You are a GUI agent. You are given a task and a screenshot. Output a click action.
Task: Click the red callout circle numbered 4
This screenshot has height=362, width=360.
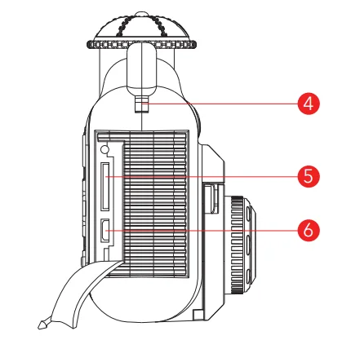coord(309,104)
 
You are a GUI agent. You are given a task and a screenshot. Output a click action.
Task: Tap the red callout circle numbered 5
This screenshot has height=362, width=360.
coord(309,176)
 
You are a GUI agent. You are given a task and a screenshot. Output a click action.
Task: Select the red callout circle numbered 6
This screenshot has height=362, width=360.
coord(309,230)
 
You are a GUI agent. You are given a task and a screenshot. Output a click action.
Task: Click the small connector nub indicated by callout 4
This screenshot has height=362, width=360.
coord(142,104)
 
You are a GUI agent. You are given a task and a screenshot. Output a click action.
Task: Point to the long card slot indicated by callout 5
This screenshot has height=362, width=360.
coord(105,187)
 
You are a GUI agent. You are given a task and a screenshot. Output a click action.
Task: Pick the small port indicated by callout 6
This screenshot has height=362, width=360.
coord(105,230)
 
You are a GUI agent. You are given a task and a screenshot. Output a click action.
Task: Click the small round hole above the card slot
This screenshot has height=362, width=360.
coord(104,148)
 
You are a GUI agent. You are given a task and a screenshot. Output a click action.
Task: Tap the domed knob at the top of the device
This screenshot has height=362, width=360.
coord(141,27)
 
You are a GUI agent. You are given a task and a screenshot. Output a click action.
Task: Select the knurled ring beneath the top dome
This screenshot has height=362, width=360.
coord(141,44)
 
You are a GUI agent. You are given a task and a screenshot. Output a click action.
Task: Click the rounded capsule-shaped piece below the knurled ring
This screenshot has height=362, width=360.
coord(142,68)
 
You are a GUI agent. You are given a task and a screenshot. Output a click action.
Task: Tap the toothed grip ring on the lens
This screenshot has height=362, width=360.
coord(238,245)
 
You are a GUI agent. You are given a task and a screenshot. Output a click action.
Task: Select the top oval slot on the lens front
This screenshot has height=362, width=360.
coord(248,214)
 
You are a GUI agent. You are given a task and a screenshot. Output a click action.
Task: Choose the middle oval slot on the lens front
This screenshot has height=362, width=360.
coord(248,245)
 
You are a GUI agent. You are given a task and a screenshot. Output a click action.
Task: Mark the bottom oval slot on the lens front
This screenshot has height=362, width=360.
coord(248,276)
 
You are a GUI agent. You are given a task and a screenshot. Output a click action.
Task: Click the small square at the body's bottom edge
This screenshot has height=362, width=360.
coord(198,315)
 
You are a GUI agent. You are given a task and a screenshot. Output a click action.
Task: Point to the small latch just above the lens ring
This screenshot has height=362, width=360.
coord(214,198)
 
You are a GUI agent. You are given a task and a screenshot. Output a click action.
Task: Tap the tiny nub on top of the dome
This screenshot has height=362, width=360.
coord(141,14)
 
